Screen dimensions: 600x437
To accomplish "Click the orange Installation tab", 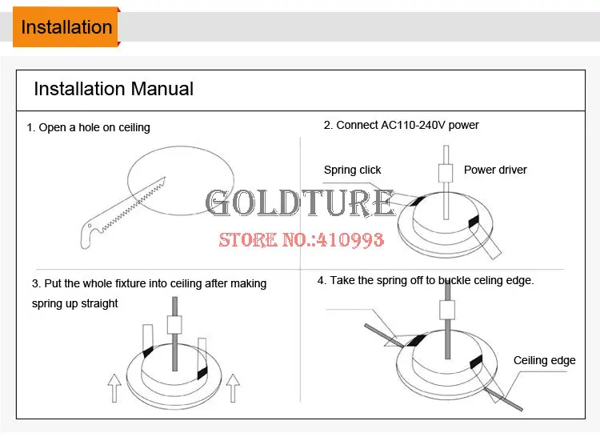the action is pyautogui.click(x=66, y=26).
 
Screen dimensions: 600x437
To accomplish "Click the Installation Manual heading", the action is pyautogui.click(x=114, y=89).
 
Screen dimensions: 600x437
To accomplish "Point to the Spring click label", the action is pyautogui.click(x=353, y=170).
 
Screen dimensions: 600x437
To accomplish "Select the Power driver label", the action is pyautogui.click(x=495, y=170).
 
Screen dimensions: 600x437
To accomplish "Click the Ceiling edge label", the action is pyautogui.click(x=544, y=360).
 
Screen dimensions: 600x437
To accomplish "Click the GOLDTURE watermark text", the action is pyautogui.click(x=300, y=202).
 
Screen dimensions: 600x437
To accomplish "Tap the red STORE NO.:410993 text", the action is pyautogui.click(x=301, y=239).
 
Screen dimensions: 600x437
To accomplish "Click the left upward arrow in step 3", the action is pyautogui.click(x=114, y=388).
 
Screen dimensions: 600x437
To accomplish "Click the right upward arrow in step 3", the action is pyautogui.click(x=233, y=388).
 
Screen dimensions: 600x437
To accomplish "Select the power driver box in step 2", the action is pyautogui.click(x=446, y=173).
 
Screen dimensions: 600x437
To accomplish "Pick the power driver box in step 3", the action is pyautogui.click(x=174, y=325).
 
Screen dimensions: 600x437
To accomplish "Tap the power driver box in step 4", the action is pyautogui.click(x=447, y=310).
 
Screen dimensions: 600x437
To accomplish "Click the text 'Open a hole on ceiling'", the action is pyautogui.click(x=94, y=127).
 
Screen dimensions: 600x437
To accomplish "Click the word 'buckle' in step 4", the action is pyautogui.click(x=454, y=280).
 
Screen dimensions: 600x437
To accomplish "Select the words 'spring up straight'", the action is pyautogui.click(x=75, y=303).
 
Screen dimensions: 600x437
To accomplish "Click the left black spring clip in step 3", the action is pyautogui.click(x=148, y=351).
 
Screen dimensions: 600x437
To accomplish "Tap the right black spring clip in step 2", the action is pyautogui.click(x=474, y=221).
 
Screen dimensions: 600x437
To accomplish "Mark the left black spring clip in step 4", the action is pyautogui.click(x=415, y=340).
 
